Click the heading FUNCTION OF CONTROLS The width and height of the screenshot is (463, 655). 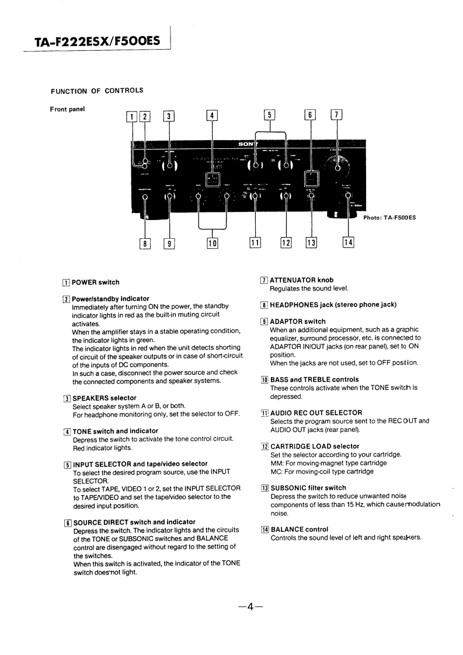pyautogui.click(x=97, y=90)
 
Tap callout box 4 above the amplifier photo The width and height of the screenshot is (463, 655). pyautogui.click(x=212, y=116)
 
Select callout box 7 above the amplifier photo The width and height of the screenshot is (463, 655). pyautogui.click(x=337, y=116)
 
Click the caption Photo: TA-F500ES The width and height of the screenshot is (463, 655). pyautogui.click(x=389, y=218)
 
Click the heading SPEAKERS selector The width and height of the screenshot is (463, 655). pyautogui.click(x=104, y=398)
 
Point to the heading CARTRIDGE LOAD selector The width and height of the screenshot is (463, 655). pyautogui.click(x=314, y=447)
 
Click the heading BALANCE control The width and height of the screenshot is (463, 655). pyautogui.click(x=299, y=529)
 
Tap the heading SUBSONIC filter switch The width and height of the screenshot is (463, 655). pyautogui.click(x=308, y=488)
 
